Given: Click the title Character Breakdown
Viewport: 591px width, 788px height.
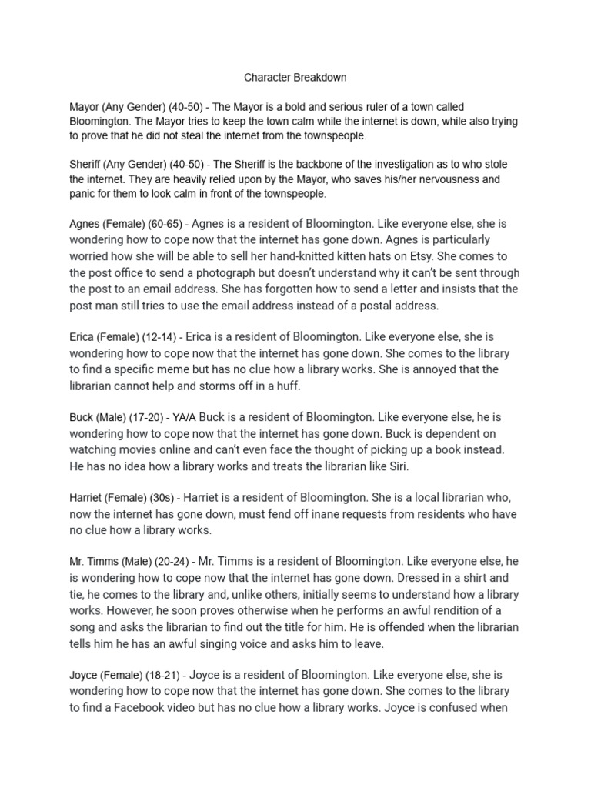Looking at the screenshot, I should (x=295, y=78).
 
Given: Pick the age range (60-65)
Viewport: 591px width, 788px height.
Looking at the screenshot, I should (x=164, y=224).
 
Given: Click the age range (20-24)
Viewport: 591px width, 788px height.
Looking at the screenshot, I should (x=171, y=562).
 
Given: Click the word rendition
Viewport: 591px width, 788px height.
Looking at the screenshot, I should (x=443, y=610).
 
